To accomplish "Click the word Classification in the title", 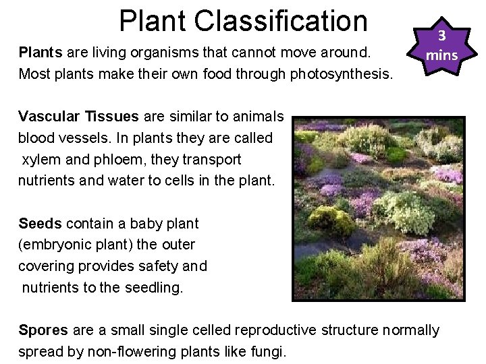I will click(281, 22).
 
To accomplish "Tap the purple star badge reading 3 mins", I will click(441, 46).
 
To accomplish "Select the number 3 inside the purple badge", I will click(441, 36).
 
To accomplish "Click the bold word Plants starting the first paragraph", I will click(40, 52).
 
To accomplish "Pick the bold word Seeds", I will click(40, 223).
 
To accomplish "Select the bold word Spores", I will click(43, 330).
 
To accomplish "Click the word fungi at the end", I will click(269, 352).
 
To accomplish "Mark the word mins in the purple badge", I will click(441, 55).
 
